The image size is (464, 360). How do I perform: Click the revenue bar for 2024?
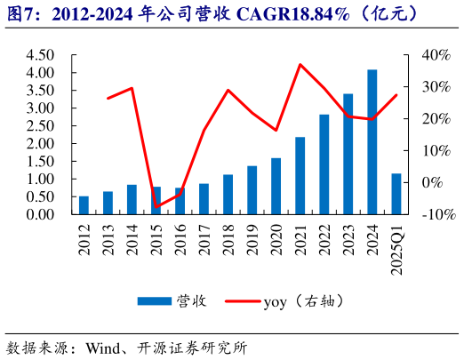[372, 142]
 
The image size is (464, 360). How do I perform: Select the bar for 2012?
[84, 205]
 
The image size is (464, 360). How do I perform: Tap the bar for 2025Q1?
[396, 194]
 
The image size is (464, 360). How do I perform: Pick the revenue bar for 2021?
[300, 176]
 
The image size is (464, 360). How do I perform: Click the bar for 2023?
[348, 154]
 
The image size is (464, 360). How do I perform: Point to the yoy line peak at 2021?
[300, 64]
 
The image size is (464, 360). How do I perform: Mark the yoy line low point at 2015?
[156, 207]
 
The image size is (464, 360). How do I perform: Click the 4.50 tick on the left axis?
[42, 55]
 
